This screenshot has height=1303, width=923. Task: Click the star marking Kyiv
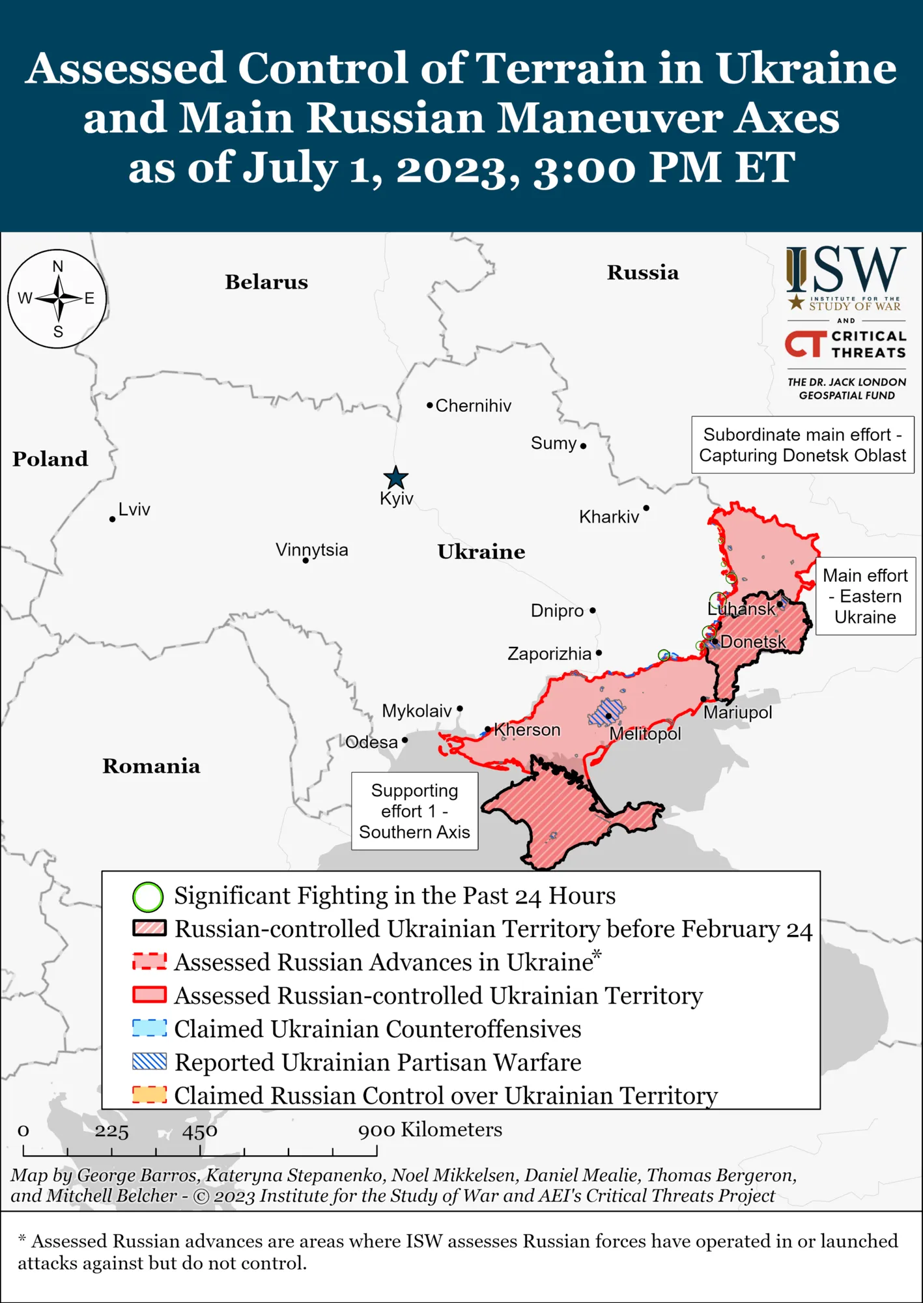tap(395, 478)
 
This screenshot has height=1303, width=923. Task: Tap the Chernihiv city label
tap(473, 406)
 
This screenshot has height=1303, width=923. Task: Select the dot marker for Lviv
tap(113, 519)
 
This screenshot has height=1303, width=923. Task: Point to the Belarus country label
tap(266, 282)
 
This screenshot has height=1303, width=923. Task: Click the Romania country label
tap(151, 766)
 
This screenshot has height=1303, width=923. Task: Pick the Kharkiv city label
tap(609, 517)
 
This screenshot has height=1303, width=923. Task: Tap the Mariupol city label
tap(737, 712)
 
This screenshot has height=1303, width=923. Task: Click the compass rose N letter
tap(58, 266)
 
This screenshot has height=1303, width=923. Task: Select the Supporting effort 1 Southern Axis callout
tap(414, 811)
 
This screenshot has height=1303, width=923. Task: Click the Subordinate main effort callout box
tap(802, 445)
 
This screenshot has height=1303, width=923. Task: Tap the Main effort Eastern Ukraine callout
tap(865, 596)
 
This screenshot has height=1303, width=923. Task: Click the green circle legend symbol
tap(148, 897)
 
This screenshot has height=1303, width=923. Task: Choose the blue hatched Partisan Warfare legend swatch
tap(149, 1062)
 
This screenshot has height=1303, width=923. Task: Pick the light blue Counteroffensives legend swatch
tap(149, 1028)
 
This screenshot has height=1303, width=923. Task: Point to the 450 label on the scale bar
tap(199, 1131)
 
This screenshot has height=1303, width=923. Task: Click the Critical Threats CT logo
tap(805, 344)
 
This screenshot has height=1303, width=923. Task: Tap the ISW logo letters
tap(847, 270)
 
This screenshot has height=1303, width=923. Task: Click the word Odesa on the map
tap(371, 742)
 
